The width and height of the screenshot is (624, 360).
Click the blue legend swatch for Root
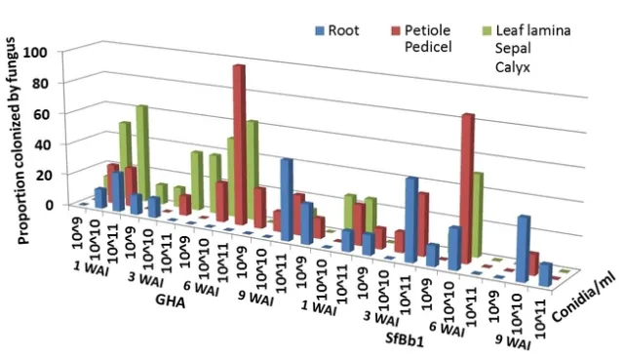tap(317, 29)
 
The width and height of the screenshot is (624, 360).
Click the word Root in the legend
tap(344, 29)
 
